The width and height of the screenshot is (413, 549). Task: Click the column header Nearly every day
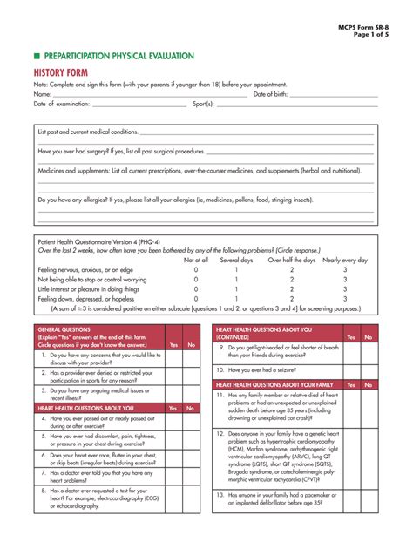[345, 260]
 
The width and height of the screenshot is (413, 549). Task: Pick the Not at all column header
[196, 260]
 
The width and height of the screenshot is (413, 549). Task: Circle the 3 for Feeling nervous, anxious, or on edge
[345, 270]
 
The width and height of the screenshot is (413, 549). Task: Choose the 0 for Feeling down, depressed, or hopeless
[196, 298]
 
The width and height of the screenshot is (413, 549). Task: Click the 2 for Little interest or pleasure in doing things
[292, 288]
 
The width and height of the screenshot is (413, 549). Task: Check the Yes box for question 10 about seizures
[351, 369]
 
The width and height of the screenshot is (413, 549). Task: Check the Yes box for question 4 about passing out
[173, 423]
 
